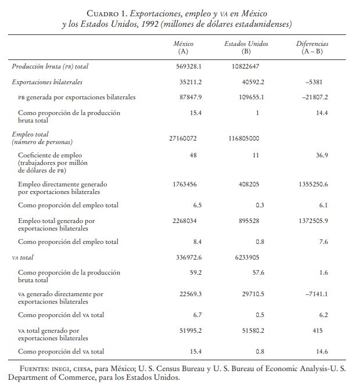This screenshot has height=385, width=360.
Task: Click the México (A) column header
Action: [183, 48]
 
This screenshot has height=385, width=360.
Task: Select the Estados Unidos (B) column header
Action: [246, 48]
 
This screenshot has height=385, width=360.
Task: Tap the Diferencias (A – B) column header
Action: [312, 48]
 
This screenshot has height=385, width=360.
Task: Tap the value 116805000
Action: [242, 138]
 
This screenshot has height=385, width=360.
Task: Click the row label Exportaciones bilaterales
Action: [47, 82]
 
